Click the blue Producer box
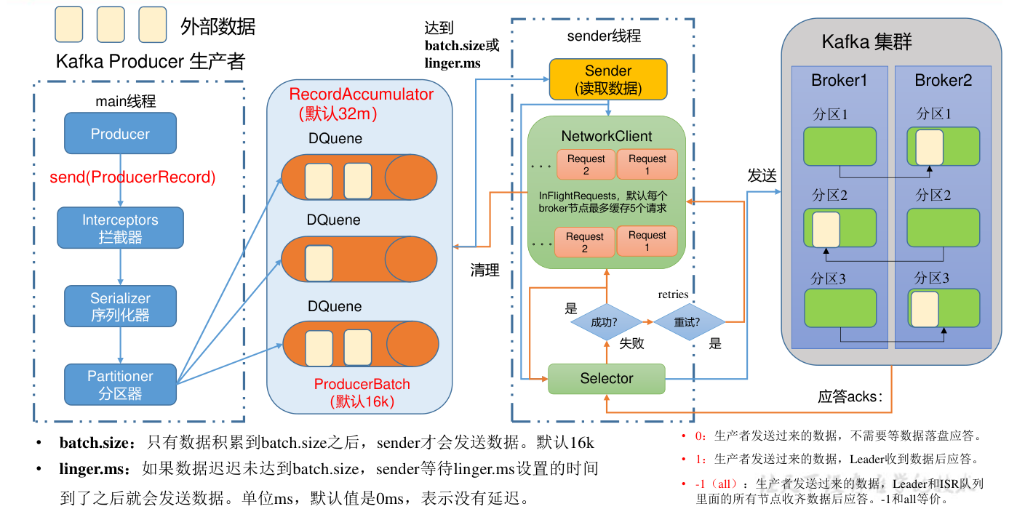click(x=120, y=133)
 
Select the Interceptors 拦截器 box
click(x=120, y=228)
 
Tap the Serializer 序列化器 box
click(x=120, y=306)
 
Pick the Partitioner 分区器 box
click(x=120, y=385)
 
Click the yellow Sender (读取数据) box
click(x=607, y=79)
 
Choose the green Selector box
click(x=606, y=378)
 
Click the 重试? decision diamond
click(x=688, y=322)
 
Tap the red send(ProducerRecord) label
click(x=132, y=177)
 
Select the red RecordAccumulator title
click(x=361, y=95)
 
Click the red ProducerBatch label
click(x=362, y=384)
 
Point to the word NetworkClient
click(x=607, y=136)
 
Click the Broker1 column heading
click(x=839, y=81)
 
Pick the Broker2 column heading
click(x=943, y=81)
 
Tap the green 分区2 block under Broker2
click(x=943, y=227)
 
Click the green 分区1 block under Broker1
click(x=839, y=146)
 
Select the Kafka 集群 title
click(x=866, y=41)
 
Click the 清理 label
click(x=485, y=270)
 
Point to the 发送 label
click(x=762, y=175)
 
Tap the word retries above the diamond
click(x=673, y=294)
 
